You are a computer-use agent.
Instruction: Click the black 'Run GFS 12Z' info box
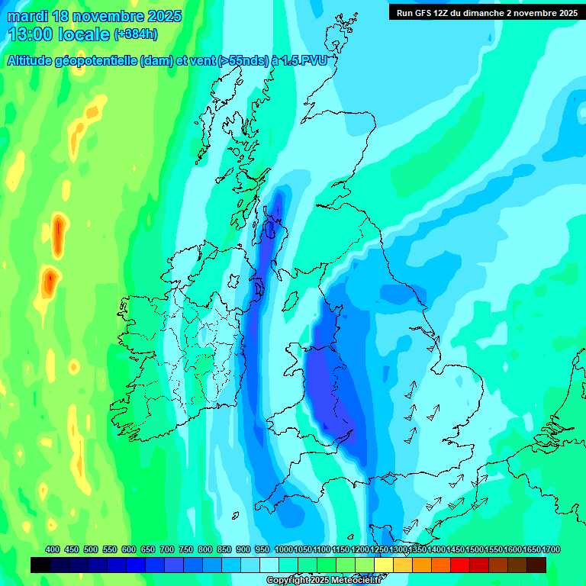[x=485, y=12]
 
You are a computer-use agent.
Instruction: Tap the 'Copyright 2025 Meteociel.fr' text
[x=324, y=581]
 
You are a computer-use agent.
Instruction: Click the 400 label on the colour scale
[x=53, y=550]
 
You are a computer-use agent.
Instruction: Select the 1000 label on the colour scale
[x=284, y=550]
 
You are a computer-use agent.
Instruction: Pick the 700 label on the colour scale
[x=167, y=550]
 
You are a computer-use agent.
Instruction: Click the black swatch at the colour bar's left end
[x=40, y=565]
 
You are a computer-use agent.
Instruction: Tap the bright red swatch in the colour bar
[x=460, y=565]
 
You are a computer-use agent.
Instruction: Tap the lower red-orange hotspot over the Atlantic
[x=50, y=282]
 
